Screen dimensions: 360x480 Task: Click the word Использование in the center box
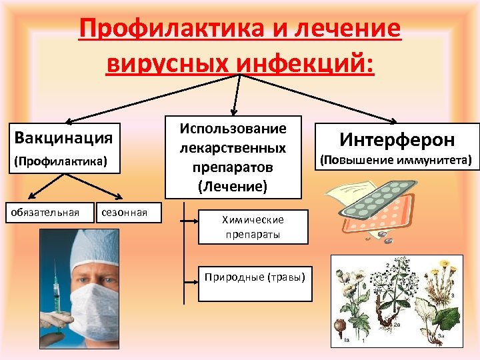point(233,128)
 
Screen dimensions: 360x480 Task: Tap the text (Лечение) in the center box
point(233,186)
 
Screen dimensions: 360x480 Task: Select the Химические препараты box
point(253,227)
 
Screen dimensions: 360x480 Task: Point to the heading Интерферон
point(397,140)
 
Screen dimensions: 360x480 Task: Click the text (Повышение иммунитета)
point(397,160)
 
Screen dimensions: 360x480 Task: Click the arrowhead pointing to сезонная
point(121,197)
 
